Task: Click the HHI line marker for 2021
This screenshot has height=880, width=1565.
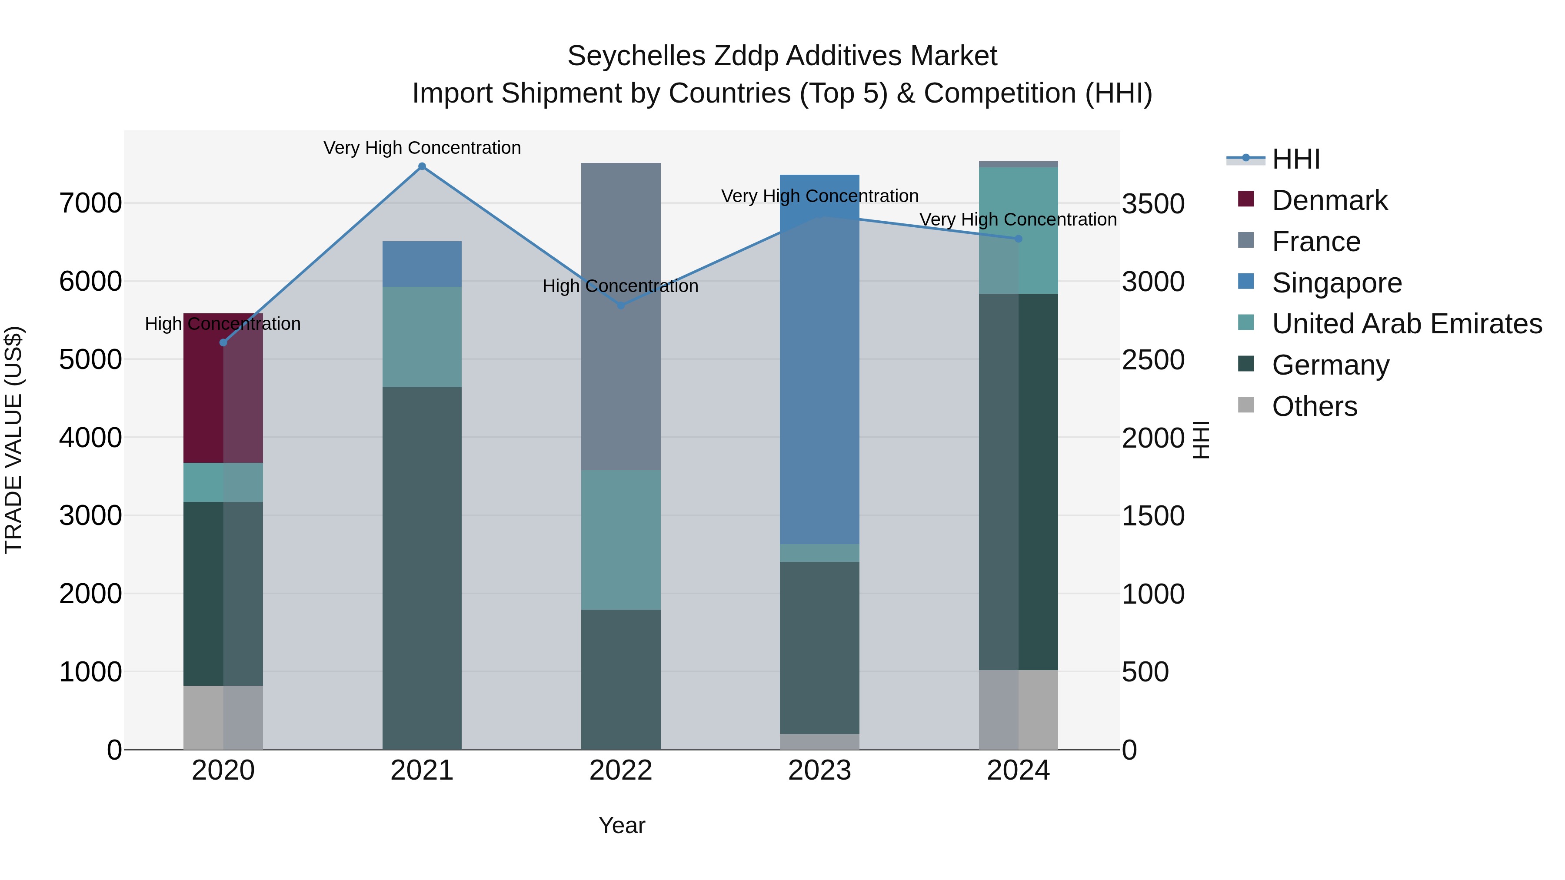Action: (x=422, y=166)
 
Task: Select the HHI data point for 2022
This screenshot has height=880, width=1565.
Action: (x=621, y=306)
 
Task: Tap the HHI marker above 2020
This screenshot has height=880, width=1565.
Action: (x=223, y=342)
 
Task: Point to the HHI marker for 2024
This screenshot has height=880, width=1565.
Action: (x=1019, y=239)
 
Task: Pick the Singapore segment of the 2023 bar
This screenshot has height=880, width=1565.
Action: (x=819, y=365)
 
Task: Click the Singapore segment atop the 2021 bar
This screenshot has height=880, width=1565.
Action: (x=422, y=264)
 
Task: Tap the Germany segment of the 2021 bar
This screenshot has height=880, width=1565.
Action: (x=422, y=568)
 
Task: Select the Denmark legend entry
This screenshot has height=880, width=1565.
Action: (x=1329, y=200)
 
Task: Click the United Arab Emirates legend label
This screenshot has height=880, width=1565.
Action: (x=1406, y=324)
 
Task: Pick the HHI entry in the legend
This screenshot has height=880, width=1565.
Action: (x=1295, y=159)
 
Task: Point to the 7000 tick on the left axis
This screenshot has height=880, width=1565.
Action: (x=90, y=203)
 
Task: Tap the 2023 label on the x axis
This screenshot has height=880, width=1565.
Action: (x=819, y=770)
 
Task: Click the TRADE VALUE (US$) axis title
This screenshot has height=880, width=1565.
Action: (x=13, y=440)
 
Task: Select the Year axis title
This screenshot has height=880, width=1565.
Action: (x=622, y=825)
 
